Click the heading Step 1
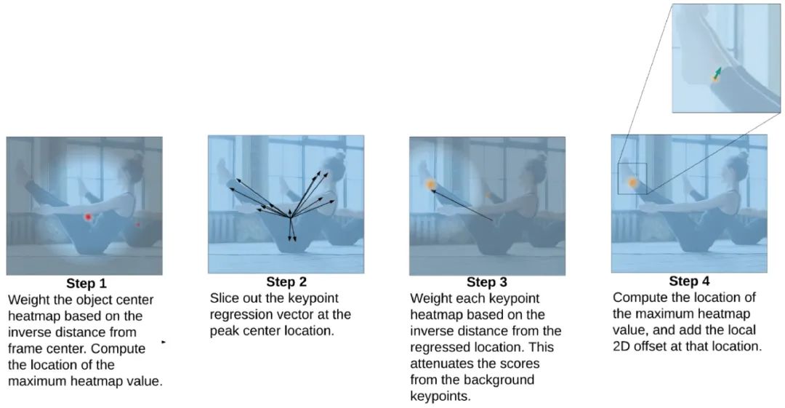(x=86, y=283)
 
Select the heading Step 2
(x=286, y=281)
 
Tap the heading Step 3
(x=487, y=282)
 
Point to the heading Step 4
(x=689, y=281)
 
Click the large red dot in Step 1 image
(x=88, y=217)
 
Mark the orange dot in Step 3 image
(x=431, y=185)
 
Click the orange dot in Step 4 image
(x=632, y=183)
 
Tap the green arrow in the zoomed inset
(x=717, y=73)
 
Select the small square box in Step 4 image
(x=632, y=178)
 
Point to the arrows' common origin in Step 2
(x=289, y=217)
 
